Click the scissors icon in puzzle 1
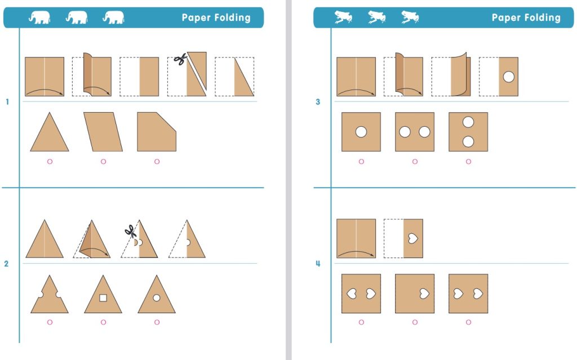[180, 60]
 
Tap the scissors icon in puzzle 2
[130, 231]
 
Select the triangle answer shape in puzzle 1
[50, 134]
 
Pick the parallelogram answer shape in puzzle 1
[103, 132]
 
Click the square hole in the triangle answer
[103, 297]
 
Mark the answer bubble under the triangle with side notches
[50, 322]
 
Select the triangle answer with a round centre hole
[157, 296]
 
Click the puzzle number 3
[318, 102]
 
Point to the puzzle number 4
[318, 264]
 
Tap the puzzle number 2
[7, 264]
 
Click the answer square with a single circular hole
[361, 132]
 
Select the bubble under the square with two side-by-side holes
[415, 161]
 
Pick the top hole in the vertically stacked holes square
[468, 122]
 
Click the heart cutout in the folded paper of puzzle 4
[413, 238]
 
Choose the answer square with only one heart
[415, 294]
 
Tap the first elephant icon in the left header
[39, 17]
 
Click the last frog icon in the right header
[410, 17]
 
